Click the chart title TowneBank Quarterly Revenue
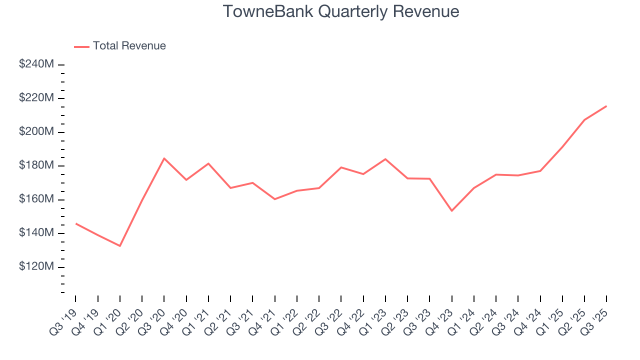click(340, 11)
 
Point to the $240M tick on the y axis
click(36, 64)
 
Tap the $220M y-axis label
click(36, 98)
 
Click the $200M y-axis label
click(36, 132)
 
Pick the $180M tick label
click(36, 165)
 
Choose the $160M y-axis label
click(36, 199)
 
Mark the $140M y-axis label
click(36, 233)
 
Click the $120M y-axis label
click(36, 267)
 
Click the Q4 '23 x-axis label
click(440, 316)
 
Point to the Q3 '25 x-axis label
click(595, 316)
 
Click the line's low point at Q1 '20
click(120, 246)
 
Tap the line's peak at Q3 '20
click(164, 158)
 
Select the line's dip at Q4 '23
click(451, 211)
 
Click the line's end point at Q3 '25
click(606, 106)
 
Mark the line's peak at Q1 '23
click(385, 159)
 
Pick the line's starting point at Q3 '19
click(76, 223)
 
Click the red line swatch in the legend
click(81, 46)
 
